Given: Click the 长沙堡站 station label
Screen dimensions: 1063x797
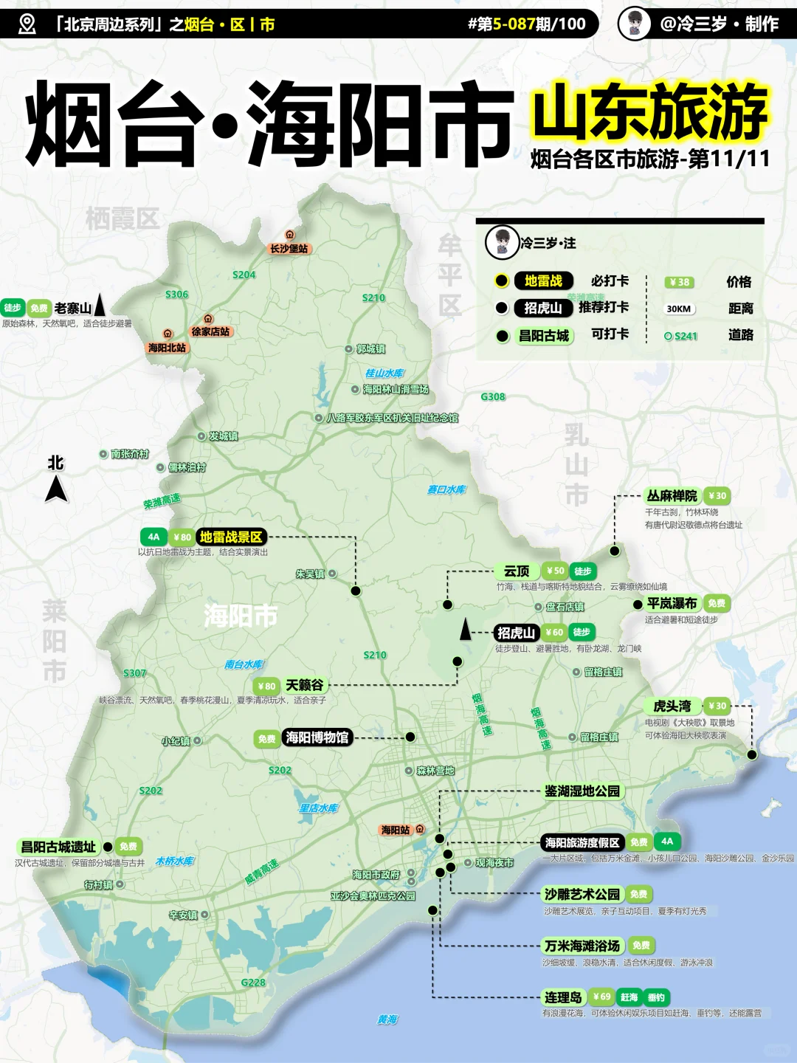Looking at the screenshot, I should [x=289, y=249].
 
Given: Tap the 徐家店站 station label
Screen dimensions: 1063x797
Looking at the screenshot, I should [x=210, y=331].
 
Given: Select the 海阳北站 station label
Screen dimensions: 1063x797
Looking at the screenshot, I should [x=168, y=348].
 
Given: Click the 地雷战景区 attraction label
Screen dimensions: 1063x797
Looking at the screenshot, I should [x=231, y=537].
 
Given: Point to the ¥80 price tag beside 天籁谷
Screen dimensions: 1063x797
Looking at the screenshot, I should [x=266, y=686].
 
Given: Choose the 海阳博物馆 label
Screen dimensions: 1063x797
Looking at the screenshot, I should [x=317, y=737].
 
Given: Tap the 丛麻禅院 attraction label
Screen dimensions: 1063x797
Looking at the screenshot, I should [x=672, y=496].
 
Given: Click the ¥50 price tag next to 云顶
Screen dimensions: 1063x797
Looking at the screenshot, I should [x=555, y=571].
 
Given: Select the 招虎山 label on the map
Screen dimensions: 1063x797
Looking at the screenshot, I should [x=516, y=633].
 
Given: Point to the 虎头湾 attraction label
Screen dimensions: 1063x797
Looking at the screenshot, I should [x=672, y=706].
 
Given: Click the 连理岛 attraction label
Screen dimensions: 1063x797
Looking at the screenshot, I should [x=563, y=997].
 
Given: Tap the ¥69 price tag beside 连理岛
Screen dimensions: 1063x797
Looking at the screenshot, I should [x=601, y=997].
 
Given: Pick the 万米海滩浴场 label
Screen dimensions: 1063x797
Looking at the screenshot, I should [x=582, y=946].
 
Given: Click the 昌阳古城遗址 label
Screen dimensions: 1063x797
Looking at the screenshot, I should [x=58, y=847].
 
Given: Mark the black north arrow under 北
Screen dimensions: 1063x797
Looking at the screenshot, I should [x=56, y=489].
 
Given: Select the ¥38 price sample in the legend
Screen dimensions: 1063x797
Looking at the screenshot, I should [x=680, y=282].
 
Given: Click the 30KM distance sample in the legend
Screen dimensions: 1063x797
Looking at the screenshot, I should [x=679, y=309].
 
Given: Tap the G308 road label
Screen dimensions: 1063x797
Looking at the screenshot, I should [x=493, y=397].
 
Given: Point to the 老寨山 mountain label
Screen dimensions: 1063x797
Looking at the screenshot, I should [x=72, y=308].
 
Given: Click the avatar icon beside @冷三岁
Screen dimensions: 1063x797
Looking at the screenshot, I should [x=634, y=24].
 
